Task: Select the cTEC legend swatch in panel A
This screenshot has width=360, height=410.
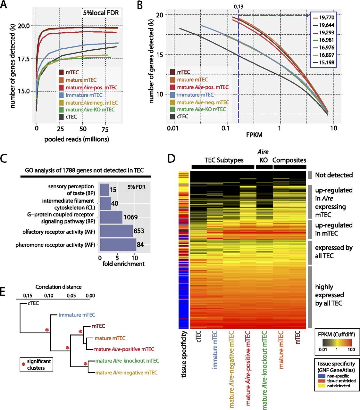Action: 61,117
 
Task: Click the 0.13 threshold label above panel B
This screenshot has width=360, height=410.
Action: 239,6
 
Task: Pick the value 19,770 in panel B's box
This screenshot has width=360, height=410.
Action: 326,18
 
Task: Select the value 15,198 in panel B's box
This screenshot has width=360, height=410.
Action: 326,62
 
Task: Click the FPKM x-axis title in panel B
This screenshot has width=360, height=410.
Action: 254,135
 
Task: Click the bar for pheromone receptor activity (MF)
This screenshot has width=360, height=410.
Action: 118,245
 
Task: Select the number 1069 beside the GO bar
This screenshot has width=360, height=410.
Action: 130,217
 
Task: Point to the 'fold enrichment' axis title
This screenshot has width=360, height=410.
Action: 123,264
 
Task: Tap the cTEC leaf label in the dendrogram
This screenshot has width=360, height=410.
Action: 33,303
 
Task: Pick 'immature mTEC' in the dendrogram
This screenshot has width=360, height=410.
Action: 77,315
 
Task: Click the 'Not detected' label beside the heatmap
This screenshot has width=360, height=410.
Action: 334,175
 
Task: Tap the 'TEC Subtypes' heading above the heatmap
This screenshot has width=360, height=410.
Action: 224,160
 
